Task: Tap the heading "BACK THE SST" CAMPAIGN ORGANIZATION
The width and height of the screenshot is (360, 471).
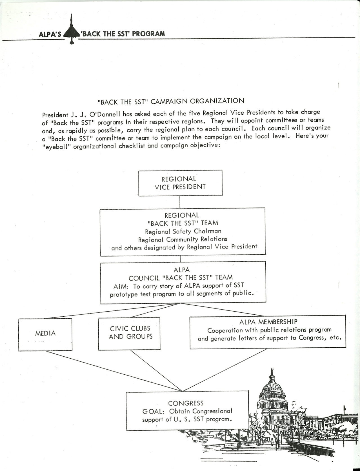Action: [x=171, y=101]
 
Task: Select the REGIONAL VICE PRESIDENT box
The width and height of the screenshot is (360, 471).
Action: [x=180, y=183]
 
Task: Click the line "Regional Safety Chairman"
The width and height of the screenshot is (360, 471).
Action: [x=183, y=231]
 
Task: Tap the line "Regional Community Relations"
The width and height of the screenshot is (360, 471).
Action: [x=183, y=239]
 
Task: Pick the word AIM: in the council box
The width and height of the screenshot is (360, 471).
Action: [x=121, y=286]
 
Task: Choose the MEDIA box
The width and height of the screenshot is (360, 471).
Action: [x=45, y=334]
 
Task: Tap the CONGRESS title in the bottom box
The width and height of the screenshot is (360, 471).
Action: [x=186, y=403]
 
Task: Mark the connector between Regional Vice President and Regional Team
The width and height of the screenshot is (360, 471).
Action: [x=180, y=202]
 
